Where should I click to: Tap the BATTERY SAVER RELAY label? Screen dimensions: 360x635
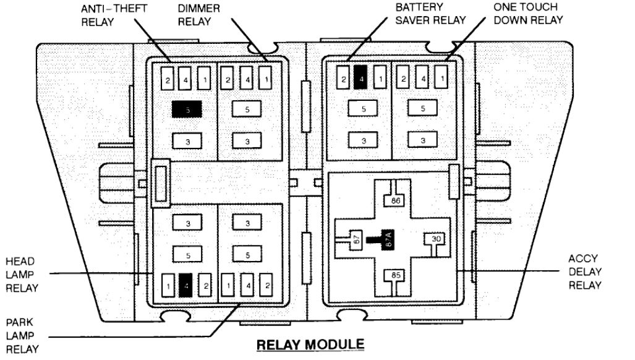[428, 13]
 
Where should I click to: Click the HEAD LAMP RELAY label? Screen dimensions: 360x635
[22, 274]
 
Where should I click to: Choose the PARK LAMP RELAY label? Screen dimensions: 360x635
[22, 335]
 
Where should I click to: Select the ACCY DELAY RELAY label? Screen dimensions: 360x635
[584, 272]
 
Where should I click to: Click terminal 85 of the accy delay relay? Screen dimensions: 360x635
[393, 275]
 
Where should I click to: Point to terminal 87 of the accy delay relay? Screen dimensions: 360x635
[356, 240]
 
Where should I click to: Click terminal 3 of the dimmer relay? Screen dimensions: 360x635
[247, 141]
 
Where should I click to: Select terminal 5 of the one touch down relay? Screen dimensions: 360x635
[423, 109]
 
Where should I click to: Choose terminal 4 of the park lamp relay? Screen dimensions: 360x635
[247, 286]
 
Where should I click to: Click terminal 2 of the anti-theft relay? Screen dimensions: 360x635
[167, 79]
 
